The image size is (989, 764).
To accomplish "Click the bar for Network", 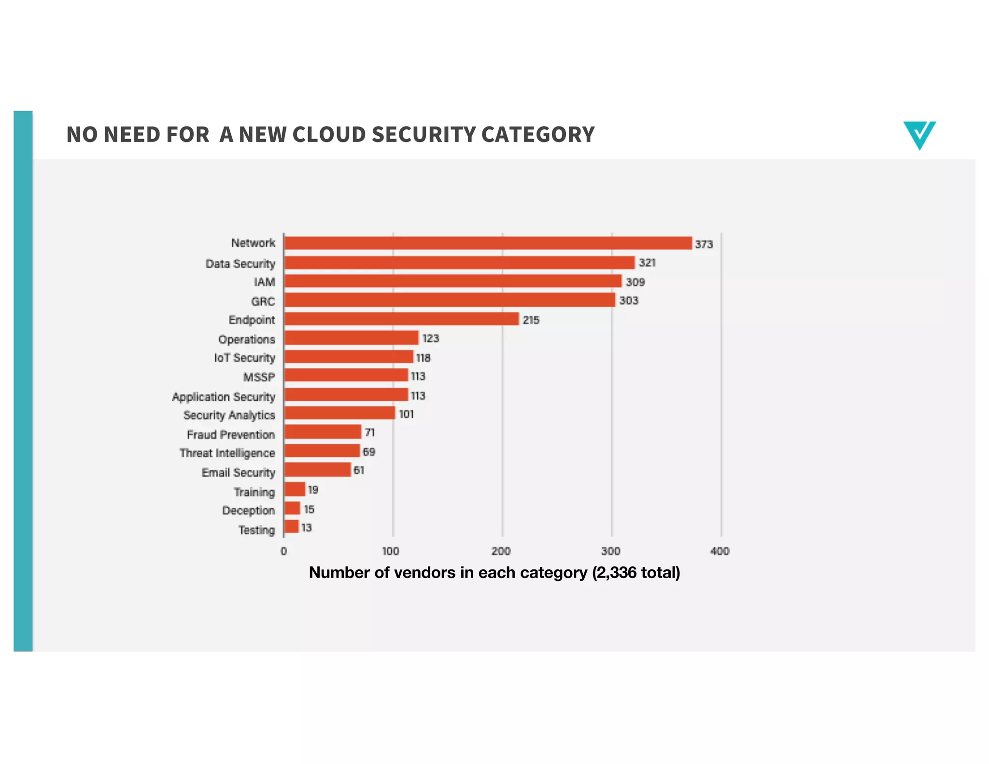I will pyautogui.click(x=488, y=243).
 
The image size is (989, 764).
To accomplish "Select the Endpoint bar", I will pyautogui.click(x=401, y=319).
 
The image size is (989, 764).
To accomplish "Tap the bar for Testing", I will pyautogui.click(x=292, y=527).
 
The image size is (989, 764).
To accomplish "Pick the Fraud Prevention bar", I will pyautogui.click(x=323, y=432).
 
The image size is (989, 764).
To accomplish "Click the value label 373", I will pyautogui.click(x=704, y=244).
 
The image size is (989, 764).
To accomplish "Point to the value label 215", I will pyautogui.click(x=531, y=320).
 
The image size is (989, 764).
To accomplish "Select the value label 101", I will pyautogui.click(x=406, y=414).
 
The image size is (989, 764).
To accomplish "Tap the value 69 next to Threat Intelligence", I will pyautogui.click(x=369, y=452).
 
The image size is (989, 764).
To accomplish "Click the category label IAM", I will pyautogui.click(x=264, y=282).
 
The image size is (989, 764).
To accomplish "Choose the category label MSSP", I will pyautogui.click(x=259, y=377).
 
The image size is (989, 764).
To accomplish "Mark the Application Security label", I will pyautogui.click(x=224, y=397).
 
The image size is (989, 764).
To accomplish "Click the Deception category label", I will pyautogui.click(x=248, y=510).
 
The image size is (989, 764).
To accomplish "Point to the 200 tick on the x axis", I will pyautogui.click(x=501, y=551).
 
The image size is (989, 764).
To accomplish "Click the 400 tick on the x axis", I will pyautogui.click(x=720, y=551).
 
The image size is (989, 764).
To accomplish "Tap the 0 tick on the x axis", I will pyautogui.click(x=283, y=551).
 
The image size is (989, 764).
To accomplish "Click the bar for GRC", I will pyautogui.click(x=450, y=300).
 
